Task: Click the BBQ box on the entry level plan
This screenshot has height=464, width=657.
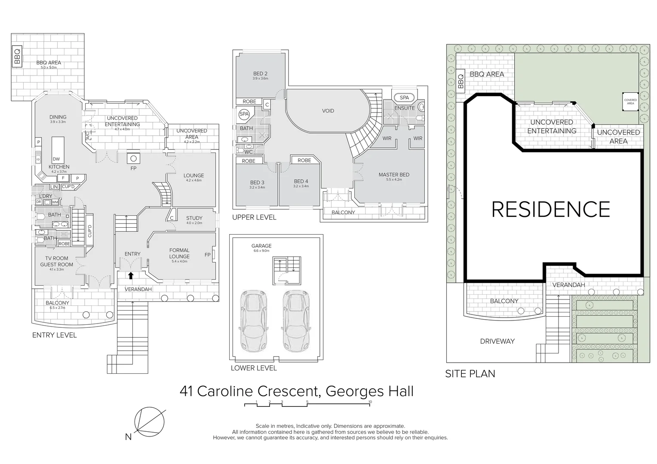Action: click(17, 56)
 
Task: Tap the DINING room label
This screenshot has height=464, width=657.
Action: click(58, 117)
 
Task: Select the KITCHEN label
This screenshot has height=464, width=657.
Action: click(59, 167)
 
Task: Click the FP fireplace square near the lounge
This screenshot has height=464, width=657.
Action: click(133, 159)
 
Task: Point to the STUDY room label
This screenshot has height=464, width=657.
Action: click(194, 218)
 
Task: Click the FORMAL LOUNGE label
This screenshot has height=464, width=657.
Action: click(179, 253)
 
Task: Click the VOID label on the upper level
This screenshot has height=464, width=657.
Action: click(328, 111)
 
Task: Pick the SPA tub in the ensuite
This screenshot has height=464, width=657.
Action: click(404, 98)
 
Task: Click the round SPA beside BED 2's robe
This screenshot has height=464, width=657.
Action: click(244, 114)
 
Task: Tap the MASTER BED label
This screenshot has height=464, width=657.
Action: click(394, 174)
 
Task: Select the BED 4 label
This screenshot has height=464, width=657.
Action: click(301, 181)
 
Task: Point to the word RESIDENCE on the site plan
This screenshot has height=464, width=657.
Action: click(550, 209)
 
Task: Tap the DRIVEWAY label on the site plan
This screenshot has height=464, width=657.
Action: click(497, 341)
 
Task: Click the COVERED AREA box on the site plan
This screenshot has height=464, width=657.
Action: click(630, 102)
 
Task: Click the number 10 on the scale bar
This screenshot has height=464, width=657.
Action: click(370, 402)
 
